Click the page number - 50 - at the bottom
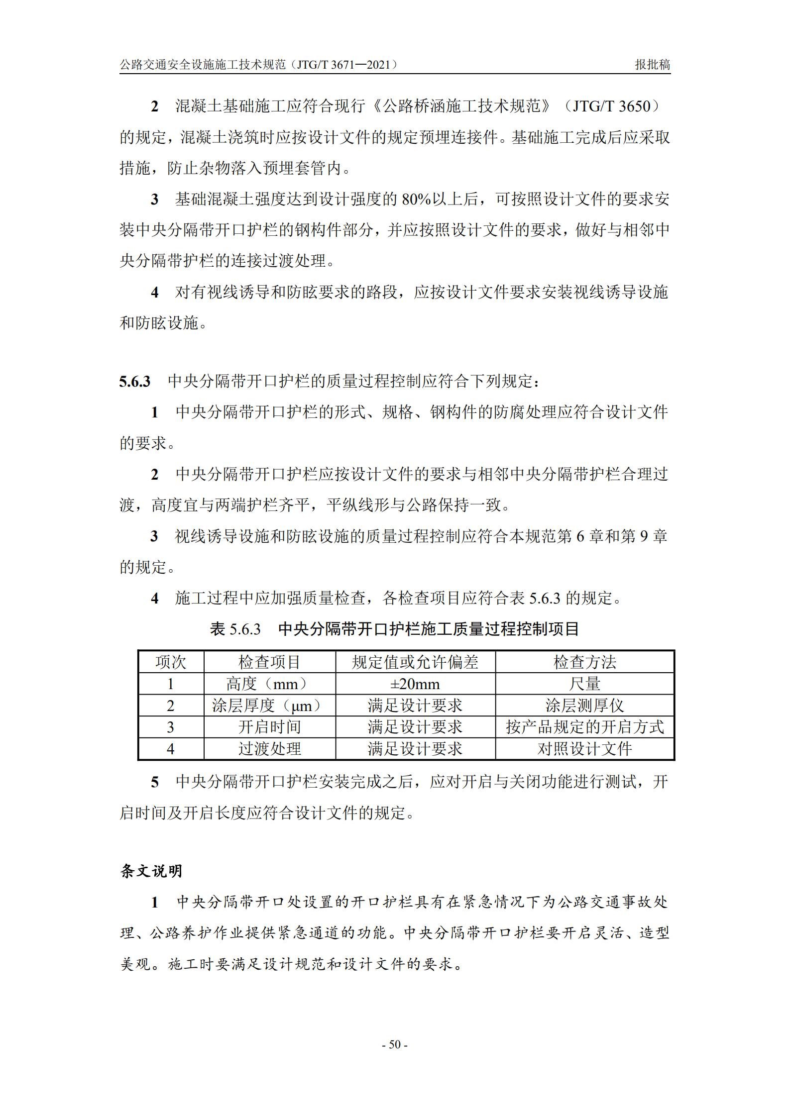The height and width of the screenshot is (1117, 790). (394, 1044)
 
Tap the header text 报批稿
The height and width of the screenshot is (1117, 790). (653, 65)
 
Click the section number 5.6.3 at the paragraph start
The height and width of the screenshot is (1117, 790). (134, 382)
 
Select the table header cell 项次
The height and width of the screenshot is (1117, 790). (171, 662)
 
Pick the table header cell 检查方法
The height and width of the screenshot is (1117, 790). (584, 662)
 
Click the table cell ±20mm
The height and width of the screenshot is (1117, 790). (415, 684)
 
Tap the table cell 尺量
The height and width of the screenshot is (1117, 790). (584, 684)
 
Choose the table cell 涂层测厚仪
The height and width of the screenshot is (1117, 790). (584, 706)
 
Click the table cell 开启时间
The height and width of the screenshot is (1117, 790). (269, 727)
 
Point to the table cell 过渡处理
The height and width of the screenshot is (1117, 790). (269, 749)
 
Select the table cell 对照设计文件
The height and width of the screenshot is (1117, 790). (584, 749)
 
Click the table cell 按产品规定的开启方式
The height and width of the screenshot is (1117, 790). (584, 727)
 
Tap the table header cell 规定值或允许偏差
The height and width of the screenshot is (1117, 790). (415, 662)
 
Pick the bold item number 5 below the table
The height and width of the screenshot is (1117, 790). (155, 782)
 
